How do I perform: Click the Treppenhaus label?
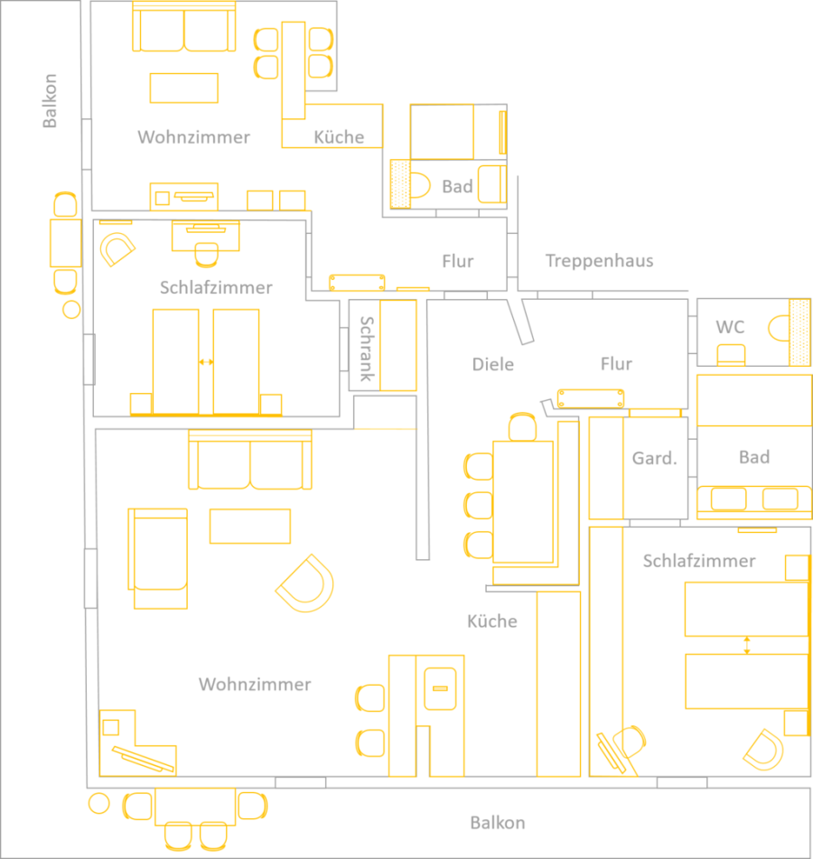599,261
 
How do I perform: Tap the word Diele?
493,364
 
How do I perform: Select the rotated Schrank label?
366,349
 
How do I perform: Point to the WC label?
730,327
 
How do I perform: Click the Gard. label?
655,458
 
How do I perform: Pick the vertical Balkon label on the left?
50,101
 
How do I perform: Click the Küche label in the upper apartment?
339,137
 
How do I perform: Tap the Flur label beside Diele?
616,364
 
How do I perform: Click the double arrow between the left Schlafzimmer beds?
206,362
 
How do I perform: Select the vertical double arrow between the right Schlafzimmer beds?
747,645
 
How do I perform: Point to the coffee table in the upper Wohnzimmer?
184,89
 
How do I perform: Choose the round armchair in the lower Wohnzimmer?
305,583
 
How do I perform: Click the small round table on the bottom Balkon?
99,804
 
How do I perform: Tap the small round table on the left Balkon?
71,310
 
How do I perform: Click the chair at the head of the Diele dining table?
522,427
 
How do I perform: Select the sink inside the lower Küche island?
440,688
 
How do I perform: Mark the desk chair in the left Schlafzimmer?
206,255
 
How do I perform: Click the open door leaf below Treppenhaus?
520,322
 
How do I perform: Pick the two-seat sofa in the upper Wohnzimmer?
184,27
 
